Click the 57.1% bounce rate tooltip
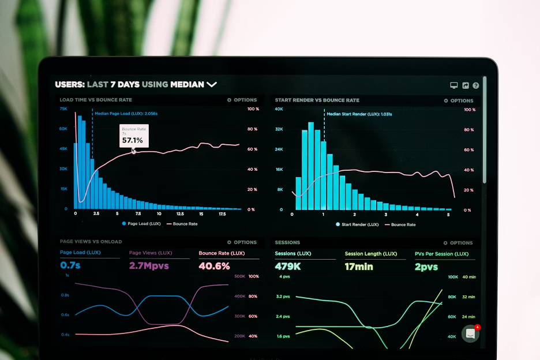pyautogui.click(x=134, y=136)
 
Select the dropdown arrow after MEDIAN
pyautogui.click(x=212, y=84)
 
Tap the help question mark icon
pyautogui.click(x=476, y=85)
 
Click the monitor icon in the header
pyautogui.click(x=454, y=85)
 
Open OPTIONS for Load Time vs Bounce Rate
pyautogui.click(x=242, y=100)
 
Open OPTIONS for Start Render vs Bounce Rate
pyautogui.click(x=459, y=100)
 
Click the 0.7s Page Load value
pyautogui.click(x=70, y=265)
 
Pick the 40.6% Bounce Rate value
pyautogui.click(x=214, y=266)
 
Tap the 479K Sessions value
pyautogui.click(x=288, y=267)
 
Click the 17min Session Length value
pyautogui.click(x=359, y=267)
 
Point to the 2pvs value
pyautogui.click(x=426, y=267)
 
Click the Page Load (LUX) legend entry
pyautogui.click(x=141, y=224)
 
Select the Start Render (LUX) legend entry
pyautogui.click(x=357, y=224)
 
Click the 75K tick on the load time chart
pyautogui.click(x=63, y=108)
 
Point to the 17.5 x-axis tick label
pyautogui.click(x=222, y=213)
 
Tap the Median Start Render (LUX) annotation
pyautogui.click(x=359, y=114)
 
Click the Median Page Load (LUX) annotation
pyautogui.click(x=126, y=114)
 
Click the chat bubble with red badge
pyautogui.click(x=470, y=333)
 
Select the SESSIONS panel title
pyautogui.click(x=287, y=243)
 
